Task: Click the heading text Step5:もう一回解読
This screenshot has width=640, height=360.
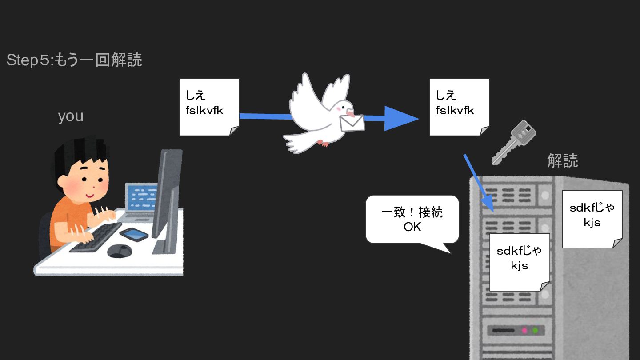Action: click(74, 60)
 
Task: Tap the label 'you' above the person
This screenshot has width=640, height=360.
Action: click(71, 116)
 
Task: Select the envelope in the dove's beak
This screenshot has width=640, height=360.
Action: click(352, 123)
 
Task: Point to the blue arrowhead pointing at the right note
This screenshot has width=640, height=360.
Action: click(400, 118)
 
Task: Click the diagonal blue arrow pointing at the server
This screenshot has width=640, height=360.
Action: click(479, 182)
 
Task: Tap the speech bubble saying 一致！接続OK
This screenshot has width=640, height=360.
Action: click(412, 220)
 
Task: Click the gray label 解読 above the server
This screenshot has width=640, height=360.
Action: click(562, 160)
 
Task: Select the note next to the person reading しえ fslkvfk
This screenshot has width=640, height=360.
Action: click(209, 107)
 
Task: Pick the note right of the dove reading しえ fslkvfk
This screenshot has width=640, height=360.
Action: click(460, 107)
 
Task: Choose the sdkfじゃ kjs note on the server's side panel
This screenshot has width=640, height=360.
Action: click(592, 218)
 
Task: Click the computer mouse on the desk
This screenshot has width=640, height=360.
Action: click(120, 251)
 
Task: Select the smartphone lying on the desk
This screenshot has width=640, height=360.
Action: click(134, 234)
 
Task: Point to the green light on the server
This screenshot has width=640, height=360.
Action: click(535, 331)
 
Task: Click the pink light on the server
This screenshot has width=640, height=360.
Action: click(524, 331)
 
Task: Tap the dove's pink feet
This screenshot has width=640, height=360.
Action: click(324, 143)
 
